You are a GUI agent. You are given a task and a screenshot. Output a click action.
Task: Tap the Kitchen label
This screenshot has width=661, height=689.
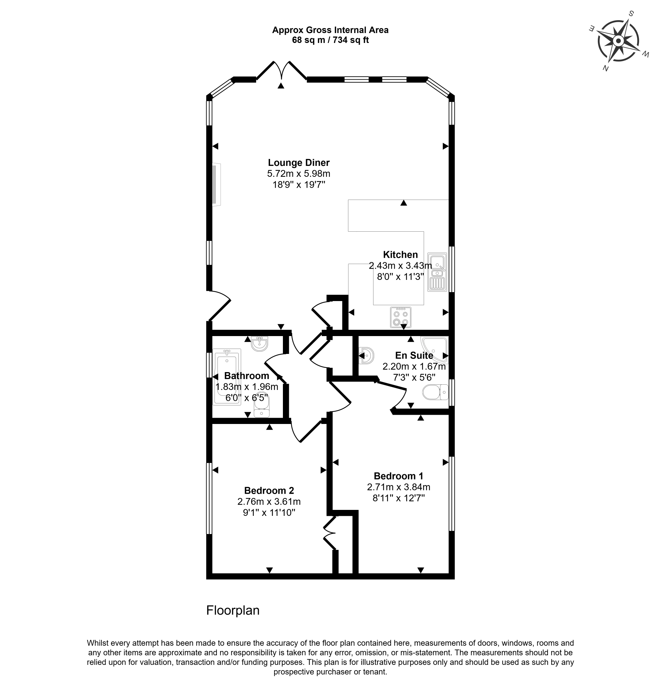click(400, 254)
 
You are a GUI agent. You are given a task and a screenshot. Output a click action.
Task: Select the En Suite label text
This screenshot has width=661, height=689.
click(414, 355)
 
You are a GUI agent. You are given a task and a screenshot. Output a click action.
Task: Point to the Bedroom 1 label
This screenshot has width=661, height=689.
click(398, 476)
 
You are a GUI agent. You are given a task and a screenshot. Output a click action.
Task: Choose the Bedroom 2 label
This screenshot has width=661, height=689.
click(269, 490)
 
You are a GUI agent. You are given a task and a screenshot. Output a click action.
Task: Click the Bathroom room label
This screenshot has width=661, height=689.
click(247, 376)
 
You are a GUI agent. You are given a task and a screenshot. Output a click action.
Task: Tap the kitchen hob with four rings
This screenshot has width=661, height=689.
click(401, 318)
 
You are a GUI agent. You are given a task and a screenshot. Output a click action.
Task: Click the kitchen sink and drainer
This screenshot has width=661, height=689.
click(437, 272)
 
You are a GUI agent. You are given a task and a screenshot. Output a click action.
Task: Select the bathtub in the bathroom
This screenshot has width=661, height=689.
click(227, 377)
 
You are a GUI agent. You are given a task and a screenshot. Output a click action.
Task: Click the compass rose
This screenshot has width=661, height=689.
click(618, 41)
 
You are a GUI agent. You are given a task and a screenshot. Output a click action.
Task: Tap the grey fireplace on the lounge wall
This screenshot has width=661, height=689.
click(216, 184)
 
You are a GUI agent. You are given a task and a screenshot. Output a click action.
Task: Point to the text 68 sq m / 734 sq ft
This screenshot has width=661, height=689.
click(330, 40)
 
